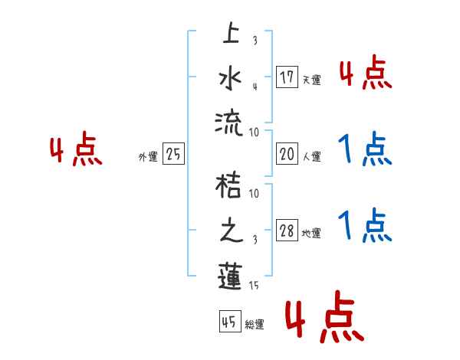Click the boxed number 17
287,77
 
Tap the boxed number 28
287,231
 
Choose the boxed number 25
173,155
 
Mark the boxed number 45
229,322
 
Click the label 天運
311,80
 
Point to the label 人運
311,157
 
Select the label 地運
311,234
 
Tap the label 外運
148,157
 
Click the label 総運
254,325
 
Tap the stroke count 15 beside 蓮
255,286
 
